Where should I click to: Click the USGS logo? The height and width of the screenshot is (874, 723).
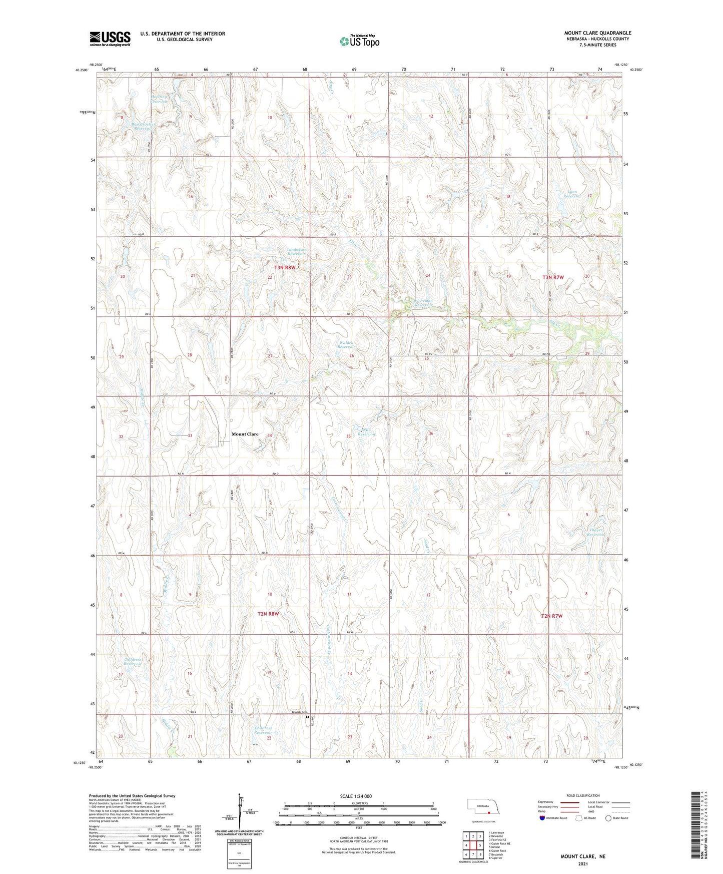click(x=110, y=39)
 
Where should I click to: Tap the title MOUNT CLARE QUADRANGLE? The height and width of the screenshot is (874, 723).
click(x=597, y=33)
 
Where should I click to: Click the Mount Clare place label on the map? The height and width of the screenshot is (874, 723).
click(x=245, y=434)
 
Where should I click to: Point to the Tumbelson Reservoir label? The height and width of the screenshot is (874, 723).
click(x=296, y=252)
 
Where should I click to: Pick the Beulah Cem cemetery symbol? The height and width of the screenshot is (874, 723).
click(x=307, y=717)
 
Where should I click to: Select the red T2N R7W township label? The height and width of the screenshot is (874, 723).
click(x=552, y=616)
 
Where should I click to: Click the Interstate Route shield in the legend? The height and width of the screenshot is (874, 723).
click(x=542, y=818)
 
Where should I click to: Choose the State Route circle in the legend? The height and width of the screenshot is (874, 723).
click(x=608, y=818)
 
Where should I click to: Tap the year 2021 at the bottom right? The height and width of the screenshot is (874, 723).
click(x=583, y=863)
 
